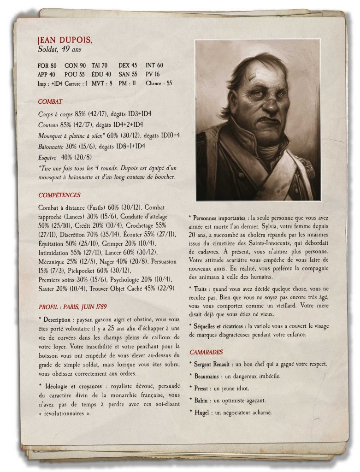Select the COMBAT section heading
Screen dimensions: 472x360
pos(50,101)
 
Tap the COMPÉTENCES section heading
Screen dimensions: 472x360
pos(59,195)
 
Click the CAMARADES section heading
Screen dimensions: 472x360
pos(206,352)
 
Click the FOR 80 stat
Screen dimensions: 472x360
pos(47,66)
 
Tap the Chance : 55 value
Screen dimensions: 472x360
pos(159,83)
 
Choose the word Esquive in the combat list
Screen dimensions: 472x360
pos(48,157)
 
